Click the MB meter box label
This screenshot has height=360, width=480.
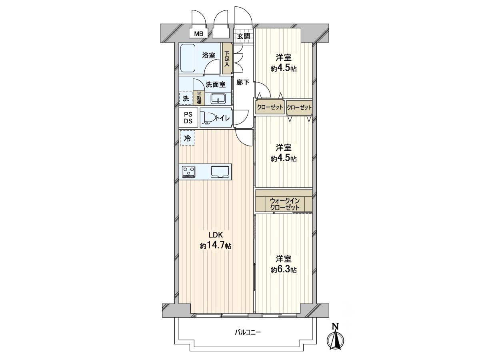(199, 34)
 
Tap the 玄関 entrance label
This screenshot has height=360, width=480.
(243, 36)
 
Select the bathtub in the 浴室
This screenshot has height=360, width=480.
(188, 58)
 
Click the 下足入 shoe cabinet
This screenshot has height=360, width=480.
(227, 58)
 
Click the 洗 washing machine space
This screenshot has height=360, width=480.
(186, 98)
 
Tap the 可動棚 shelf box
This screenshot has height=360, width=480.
(199, 98)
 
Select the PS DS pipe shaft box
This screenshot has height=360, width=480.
(188, 118)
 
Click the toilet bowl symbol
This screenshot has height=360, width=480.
(208, 118)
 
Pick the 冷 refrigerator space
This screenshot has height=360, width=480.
(187, 138)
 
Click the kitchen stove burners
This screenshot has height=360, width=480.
(189, 171)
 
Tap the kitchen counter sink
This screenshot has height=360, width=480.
(220, 171)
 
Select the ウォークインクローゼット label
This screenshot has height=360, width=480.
(284, 204)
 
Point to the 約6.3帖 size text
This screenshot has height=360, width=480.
(284, 270)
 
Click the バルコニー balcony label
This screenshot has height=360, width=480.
(247, 332)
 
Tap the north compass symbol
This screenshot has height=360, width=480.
(336, 339)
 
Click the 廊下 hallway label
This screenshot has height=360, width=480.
(243, 83)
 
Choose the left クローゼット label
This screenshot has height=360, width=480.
(270, 107)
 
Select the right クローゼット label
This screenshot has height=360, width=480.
(299, 107)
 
